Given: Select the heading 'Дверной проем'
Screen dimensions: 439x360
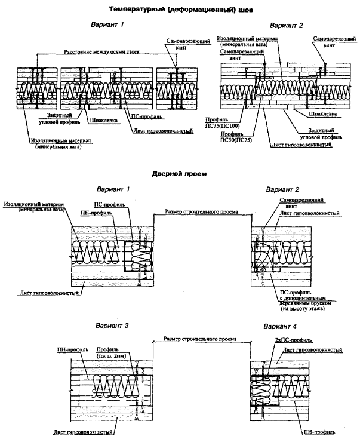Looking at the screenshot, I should (x=179, y=174).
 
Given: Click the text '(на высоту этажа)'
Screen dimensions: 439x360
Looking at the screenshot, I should (x=301, y=309).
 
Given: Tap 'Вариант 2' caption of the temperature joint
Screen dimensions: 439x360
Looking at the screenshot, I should (x=287, y=26).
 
